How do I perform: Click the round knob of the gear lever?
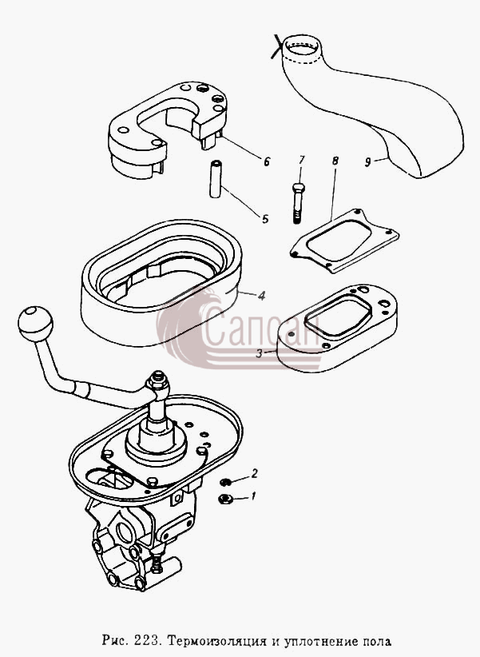(x=35, y=324)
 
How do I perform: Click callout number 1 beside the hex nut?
(x=252, y=496)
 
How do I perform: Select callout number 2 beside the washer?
(x=254, y=474)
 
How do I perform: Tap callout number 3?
(x=260, y=353)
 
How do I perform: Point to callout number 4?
(x=261, y=296)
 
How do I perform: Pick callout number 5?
(x=264, y=219)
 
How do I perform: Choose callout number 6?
(x=267, y=161)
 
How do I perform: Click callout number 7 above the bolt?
(x=302, y=161)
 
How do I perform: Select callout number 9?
(x=367, y=161)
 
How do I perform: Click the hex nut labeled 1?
(x=224, y=499)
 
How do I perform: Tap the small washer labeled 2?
(x=225, y=482)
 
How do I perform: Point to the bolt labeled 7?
(x=297, y=203)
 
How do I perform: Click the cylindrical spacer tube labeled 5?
(x=216, y=179)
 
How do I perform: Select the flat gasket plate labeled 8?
(x=344, y=241)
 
